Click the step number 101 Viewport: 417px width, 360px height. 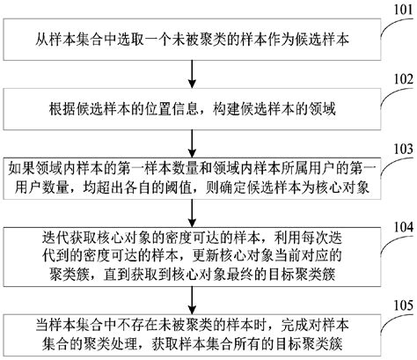click(399, 11)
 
